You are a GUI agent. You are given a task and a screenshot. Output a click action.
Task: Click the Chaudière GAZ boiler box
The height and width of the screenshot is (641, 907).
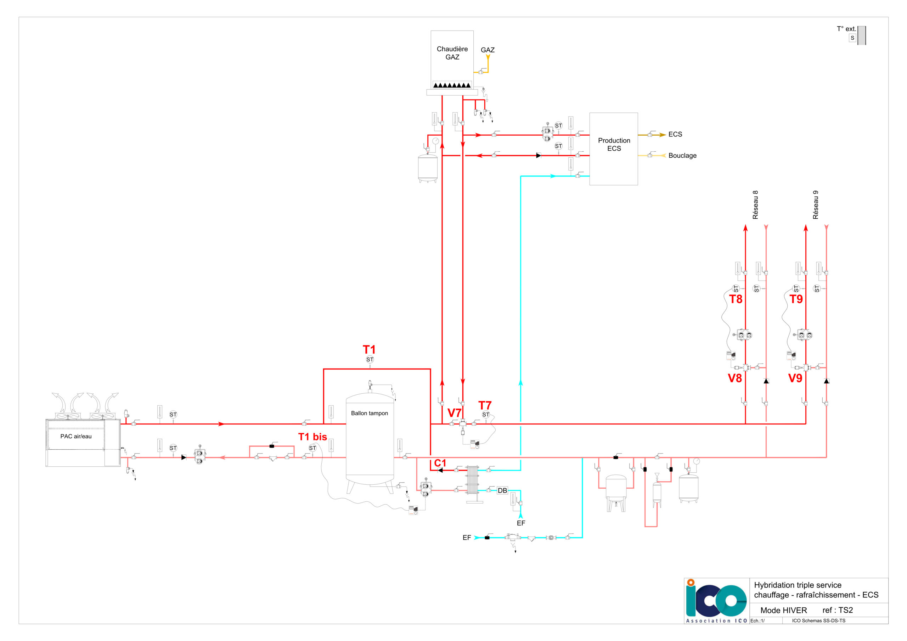(x=452, y=59)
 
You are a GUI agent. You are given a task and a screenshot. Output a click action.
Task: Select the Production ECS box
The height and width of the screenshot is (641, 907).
(x=614, y=149)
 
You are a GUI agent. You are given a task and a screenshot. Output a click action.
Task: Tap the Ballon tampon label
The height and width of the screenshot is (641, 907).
(x=370, y=414)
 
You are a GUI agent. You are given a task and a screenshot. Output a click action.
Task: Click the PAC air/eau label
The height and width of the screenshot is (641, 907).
(x=76, y=436)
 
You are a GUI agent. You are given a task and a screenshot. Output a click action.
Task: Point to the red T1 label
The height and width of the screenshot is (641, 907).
(x=369, y=349)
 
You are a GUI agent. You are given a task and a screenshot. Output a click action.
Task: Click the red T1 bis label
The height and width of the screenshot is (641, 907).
(x=312, y=437)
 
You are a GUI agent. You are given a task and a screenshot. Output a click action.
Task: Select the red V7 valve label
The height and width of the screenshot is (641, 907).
(x=454, y=413)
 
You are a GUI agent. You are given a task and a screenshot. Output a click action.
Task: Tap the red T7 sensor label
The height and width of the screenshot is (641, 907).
(x=485, y=405)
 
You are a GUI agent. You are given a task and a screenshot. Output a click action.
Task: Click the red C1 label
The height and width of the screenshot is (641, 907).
(x=440, y=463)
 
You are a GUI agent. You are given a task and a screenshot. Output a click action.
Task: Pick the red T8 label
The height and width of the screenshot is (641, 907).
(x=736, y=299)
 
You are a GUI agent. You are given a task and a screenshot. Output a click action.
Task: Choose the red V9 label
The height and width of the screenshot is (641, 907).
(x=795, y=378)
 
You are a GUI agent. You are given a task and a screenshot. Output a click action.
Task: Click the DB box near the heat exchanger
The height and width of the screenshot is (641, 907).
(x=502, y=490)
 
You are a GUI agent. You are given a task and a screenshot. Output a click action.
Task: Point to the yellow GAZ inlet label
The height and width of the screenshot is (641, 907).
(x=488, y=50)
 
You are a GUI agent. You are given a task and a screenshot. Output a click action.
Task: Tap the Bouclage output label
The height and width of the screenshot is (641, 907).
(x=682, y=156)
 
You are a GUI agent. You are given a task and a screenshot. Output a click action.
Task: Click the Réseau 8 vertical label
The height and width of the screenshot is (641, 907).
(x=755, y=205)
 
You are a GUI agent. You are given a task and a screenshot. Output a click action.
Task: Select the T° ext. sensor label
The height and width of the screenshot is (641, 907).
(x=846, y=29)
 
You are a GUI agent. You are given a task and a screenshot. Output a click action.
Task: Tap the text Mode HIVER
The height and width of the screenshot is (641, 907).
(x=783, y=610)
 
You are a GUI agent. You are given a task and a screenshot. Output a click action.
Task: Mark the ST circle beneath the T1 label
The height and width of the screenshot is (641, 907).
(x=370, y=360)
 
